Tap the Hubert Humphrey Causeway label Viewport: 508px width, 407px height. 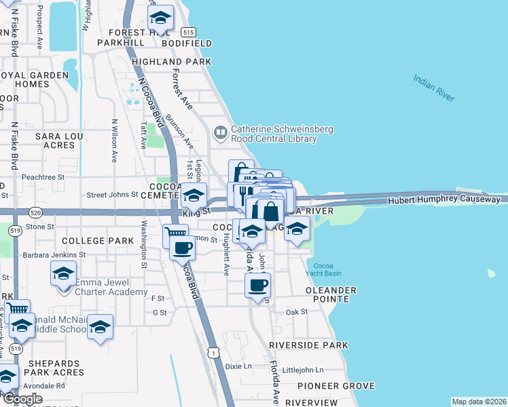pyautogui.click(x=444, y=201)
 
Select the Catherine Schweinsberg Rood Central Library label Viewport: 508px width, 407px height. pyautogui.click(x=274, y=134)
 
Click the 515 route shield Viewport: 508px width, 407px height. pyautogui.click(x=189, y=32)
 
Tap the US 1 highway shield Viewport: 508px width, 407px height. pyautogui.click(x=215, y=353)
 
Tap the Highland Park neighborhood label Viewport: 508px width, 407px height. pyautogui.click(x=173, y=62)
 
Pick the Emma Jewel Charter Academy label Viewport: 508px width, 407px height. pyautogui.click(x=111, y=287)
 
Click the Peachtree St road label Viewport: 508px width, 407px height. pyautogui.click(x=42, y=176)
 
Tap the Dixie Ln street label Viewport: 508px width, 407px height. pyautogui.click(x=238, y=366)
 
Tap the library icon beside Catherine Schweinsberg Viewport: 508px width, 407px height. pyautogui.click(x=220, y=132)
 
